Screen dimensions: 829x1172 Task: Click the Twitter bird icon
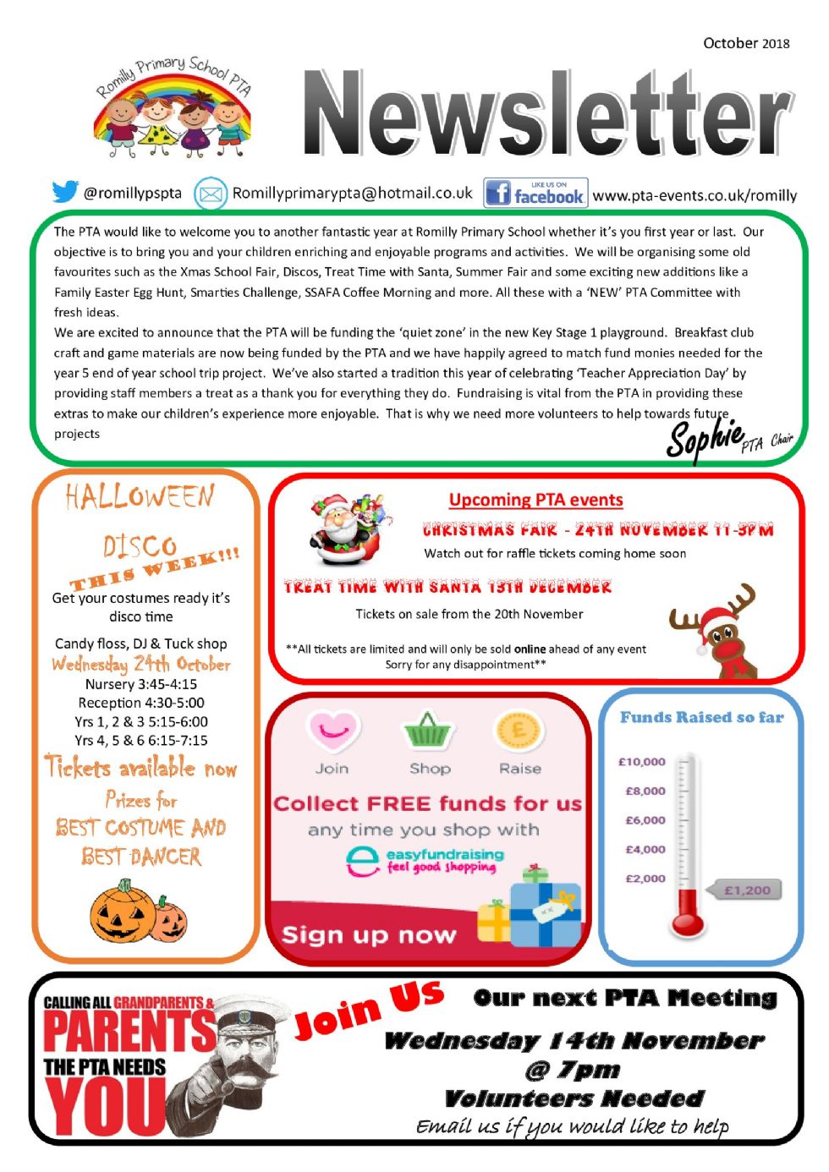64,192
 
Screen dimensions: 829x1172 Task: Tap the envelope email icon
210,194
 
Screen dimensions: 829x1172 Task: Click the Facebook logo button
535,193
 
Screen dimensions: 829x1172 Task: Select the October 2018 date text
746,43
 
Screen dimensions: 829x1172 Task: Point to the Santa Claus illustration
349,529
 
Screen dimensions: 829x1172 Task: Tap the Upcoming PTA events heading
535,500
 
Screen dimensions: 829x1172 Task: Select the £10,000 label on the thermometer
642,762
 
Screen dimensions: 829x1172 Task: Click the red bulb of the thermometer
689,922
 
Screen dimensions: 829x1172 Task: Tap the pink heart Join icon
333,730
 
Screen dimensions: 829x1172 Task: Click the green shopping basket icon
429,730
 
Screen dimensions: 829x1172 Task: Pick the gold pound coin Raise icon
519,730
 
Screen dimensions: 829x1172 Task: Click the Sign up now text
369,935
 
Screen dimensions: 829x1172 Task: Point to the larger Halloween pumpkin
123,913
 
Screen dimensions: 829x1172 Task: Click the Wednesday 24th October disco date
140,664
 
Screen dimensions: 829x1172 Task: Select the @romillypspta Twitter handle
133,193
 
